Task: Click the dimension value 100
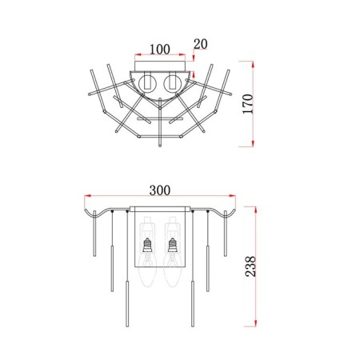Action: click(x=160, y=50)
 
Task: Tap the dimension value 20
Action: click(x=201, y=44)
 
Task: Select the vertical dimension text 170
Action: click(x=248, y=104)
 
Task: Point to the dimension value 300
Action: click(x=160, y=190)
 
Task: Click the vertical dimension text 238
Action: click(x=250, y=266)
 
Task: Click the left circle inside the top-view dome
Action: click(x=147, y=82)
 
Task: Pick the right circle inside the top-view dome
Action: click(x=171, y=82)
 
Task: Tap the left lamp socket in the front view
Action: click(x=147, y=246)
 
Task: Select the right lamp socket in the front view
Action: click(x=172, y=246)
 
